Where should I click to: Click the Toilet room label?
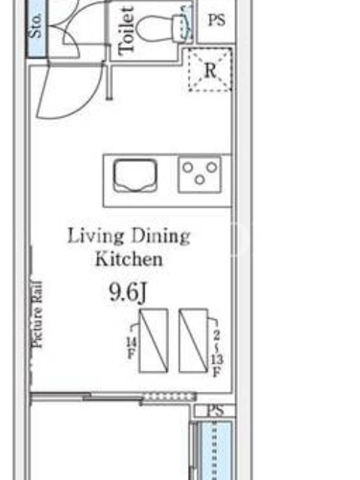(127, 31)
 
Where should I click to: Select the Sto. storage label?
(36, 26)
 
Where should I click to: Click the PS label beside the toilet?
(217, 20)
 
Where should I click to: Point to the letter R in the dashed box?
(210, 70)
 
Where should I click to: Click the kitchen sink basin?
(135, 175)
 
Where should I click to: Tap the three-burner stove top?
(200, 175)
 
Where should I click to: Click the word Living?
(96, 236)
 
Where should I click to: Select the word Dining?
(160, 236)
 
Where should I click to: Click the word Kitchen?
(129, 259)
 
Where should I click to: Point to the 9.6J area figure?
(128, 292)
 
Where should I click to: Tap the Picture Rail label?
(37, 314)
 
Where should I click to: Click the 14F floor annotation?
(131, 348)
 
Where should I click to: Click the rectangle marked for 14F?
(154, 341)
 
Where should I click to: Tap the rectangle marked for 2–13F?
(193, 340)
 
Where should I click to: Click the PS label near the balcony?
(215, 410)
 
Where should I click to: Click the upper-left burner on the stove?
(188, 167)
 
